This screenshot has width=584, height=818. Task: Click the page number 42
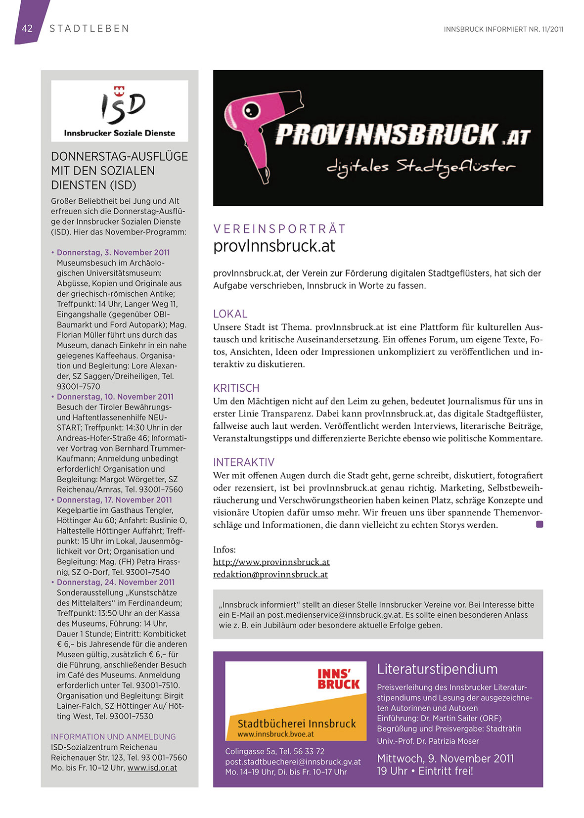click(x=27, y=29)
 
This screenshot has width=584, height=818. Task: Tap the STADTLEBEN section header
click(x=90, y=29)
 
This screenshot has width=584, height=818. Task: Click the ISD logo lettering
click(x=123, y=106)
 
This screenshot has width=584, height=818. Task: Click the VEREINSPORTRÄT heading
click(x=279, y=229)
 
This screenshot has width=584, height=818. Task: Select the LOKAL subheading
click(x=230, y=314)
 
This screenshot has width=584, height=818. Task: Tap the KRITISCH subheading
click(x=236, y=388)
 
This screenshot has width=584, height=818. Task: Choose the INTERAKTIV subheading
click(x=243, y=462)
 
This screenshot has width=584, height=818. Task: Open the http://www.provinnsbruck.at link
click(x=271, y=562)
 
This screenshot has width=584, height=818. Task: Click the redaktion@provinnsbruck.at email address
click(x=270, y=575)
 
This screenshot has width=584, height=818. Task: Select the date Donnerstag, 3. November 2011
click(x=113, y=253)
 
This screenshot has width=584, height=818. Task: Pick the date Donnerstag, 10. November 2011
click(x=115, y=397)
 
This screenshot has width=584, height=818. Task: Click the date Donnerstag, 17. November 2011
click(x=114, y=500)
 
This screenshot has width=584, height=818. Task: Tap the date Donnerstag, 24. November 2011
click(x=116, y=583)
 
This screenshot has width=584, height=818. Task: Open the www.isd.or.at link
click(x=152, y=768)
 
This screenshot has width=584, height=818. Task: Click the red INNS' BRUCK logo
click(x=338, y=679)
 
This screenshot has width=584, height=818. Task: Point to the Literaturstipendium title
click(x=437, y=669)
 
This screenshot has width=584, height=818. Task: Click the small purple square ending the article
click(x=539, y=524)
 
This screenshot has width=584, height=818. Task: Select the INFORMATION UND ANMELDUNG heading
click(x=113, y=737)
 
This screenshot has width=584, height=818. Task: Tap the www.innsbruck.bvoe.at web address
click(x=275, y=734)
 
